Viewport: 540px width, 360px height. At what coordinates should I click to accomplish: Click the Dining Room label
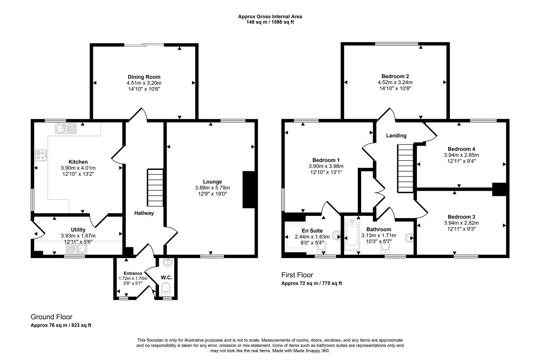(144, 77)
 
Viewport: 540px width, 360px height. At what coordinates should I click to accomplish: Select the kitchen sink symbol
(66, 128)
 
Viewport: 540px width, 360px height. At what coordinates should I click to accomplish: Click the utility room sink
(76, 249)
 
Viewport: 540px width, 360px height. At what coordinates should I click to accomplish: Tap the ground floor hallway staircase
(155, 188)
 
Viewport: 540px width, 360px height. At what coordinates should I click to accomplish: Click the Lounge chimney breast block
(249, 190)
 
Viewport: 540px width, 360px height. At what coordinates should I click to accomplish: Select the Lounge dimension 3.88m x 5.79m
(212, 188)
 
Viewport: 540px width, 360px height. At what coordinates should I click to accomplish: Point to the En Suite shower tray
(295, 237)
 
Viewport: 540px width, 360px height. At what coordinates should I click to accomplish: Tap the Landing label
(396, 136)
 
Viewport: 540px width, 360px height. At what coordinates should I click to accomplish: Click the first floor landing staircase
(405, 168)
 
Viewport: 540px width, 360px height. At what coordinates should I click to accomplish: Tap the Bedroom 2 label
(395, 76)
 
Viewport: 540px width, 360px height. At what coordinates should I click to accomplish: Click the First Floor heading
(297, 275)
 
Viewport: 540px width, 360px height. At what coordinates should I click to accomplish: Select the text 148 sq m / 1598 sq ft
(270, 22)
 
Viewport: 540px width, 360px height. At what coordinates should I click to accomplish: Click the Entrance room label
(133, 273)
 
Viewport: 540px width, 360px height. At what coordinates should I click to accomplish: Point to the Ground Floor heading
(51, 317)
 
